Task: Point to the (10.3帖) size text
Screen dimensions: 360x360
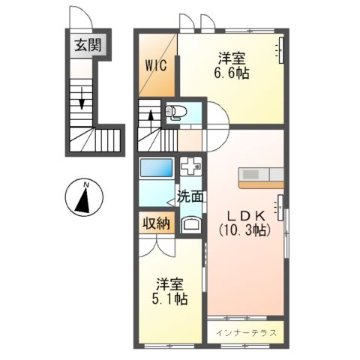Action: (242, 230)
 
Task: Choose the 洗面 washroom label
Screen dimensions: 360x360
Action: (190, 197)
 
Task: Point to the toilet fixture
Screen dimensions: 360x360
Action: (175, 112)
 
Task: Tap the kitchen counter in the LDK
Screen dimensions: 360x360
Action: (261, 177)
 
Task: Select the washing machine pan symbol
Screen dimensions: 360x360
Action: (190, 166)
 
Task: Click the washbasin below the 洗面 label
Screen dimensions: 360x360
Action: (190, 223)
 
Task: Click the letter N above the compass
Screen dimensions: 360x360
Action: (86, 184)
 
